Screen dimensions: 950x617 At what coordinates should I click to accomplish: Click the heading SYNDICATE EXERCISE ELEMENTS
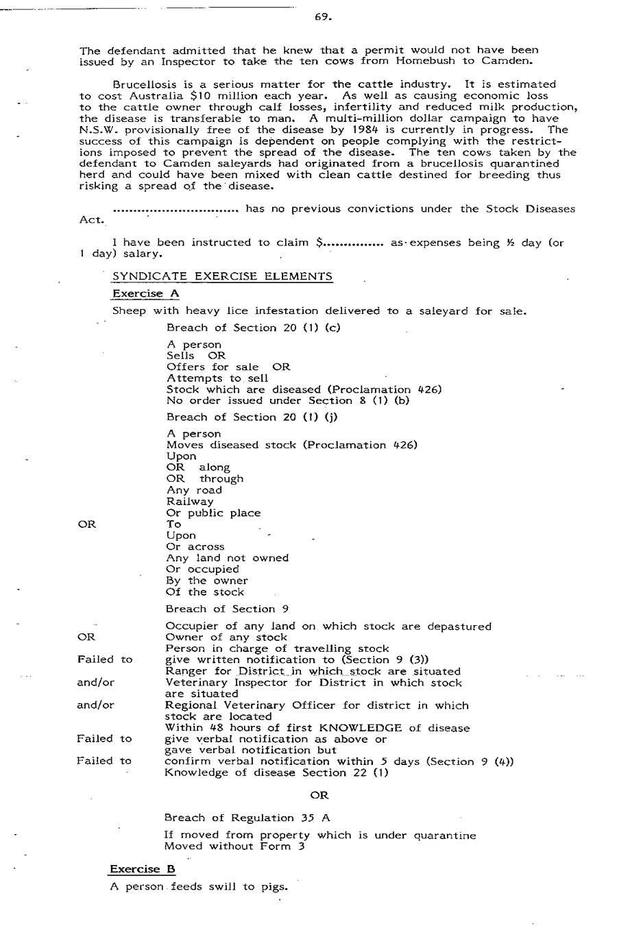click(x=222, y=276)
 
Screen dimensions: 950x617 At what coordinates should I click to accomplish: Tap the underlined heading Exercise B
click(x=143, y=869)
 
